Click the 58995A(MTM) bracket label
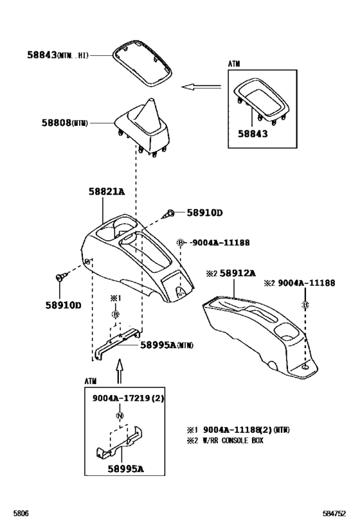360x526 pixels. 166,345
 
